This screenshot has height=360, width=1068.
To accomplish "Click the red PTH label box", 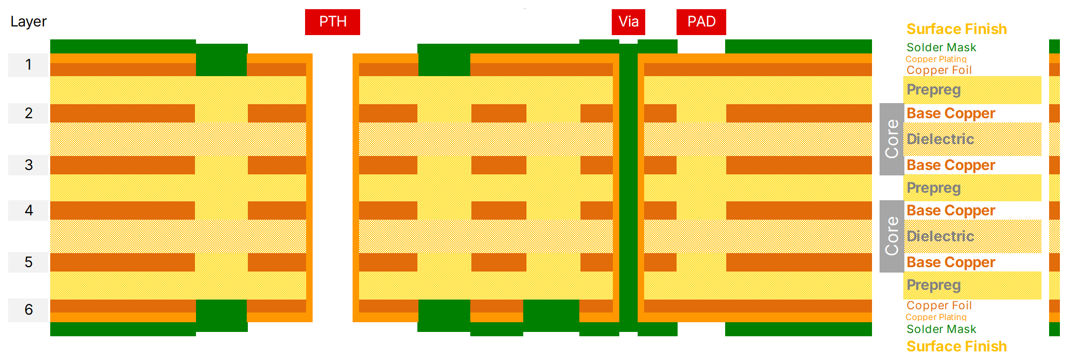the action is coord(333,22).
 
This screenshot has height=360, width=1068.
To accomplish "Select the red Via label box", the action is coord(628,22).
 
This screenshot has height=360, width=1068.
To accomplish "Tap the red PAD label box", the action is coord(701,22).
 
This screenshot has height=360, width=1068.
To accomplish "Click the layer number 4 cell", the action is coord(29,210).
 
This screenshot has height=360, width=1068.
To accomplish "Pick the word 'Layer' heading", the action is coord(29,22).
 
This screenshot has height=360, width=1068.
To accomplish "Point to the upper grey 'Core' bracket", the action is coord(891,139).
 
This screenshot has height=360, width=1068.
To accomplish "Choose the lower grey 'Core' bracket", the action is coord(891,236).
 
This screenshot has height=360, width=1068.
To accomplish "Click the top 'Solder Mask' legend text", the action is coord(941,47).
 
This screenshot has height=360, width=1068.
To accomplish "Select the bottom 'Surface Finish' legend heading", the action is coord(956,346).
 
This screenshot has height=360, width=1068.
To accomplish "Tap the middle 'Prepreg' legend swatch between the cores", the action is coord(972,188).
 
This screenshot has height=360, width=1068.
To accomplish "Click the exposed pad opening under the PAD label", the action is coord(701,46).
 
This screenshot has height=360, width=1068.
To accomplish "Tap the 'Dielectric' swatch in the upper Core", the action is coord(972,139).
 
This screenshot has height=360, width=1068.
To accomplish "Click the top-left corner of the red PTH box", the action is coord(305,9).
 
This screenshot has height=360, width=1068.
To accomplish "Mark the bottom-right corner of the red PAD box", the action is coord(726,35).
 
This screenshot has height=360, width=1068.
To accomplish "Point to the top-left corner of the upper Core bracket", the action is coord(880,103).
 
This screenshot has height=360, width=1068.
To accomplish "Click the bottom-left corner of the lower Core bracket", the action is coord(880,273).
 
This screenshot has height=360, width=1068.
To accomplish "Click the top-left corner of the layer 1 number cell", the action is coord(8,53).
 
